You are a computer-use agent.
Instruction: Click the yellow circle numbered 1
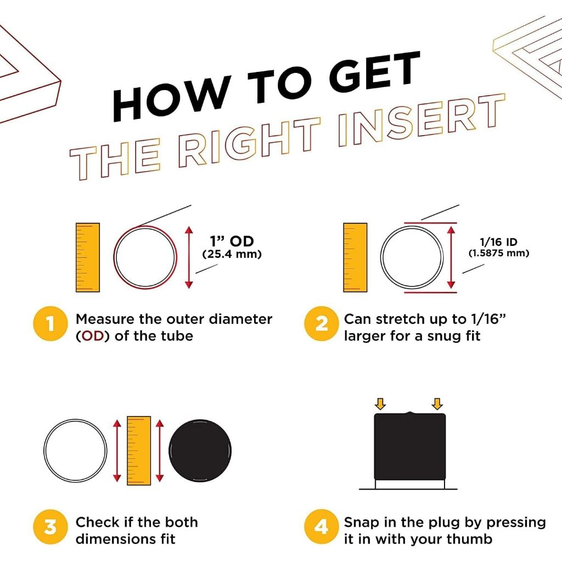50,324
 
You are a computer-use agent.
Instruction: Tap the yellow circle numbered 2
322,324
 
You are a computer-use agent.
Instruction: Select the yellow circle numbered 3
50,526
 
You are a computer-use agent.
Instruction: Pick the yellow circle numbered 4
322,526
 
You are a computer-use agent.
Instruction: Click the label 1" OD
232,241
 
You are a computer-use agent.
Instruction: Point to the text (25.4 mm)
232,254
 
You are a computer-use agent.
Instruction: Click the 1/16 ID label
498,242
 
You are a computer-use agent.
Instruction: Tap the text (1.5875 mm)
499,253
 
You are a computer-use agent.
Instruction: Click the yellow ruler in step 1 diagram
88,257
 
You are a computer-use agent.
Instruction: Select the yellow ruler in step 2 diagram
355,257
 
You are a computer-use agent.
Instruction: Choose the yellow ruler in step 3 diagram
139,451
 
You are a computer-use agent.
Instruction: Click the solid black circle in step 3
200,451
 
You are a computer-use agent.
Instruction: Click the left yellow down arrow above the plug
380,403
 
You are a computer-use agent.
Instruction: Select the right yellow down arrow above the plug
437,403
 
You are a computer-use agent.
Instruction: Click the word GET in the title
375,75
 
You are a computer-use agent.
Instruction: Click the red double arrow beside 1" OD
189,257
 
